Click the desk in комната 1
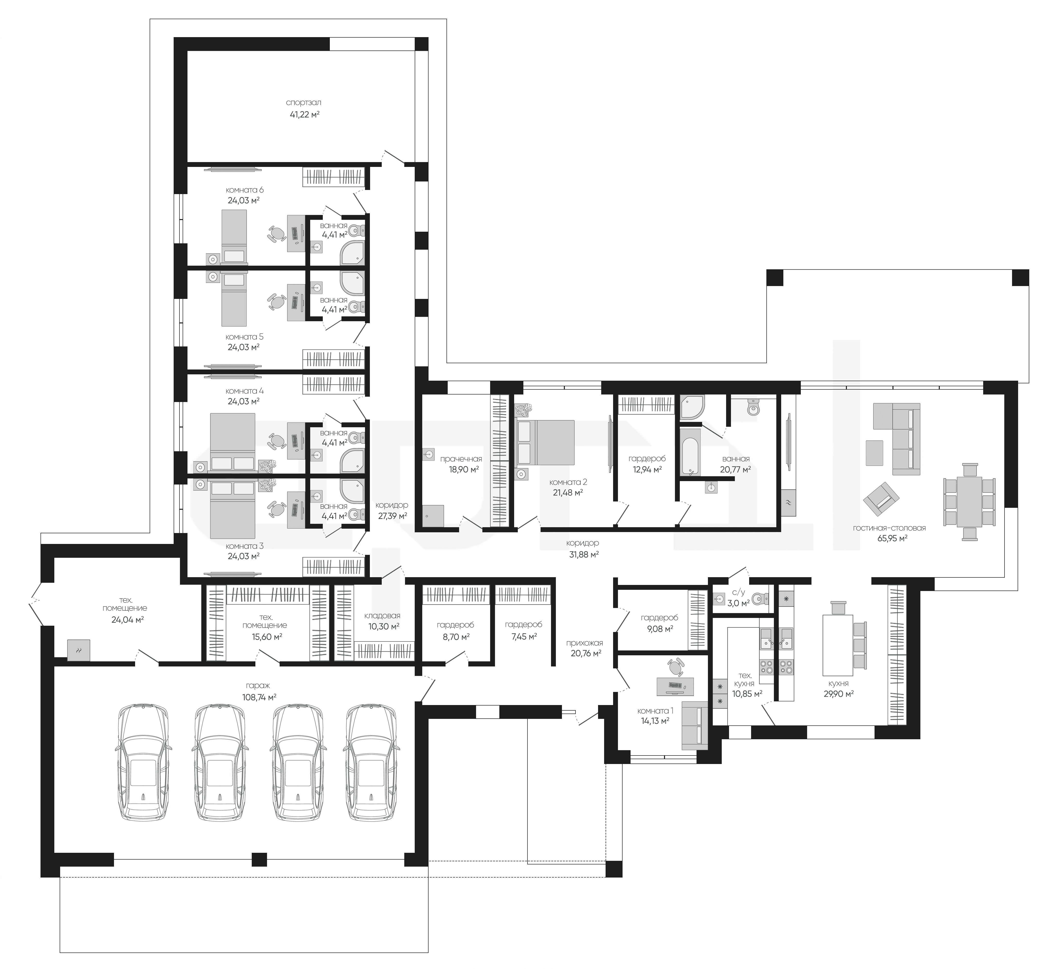click(x=675, y=686)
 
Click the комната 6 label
click(x=244, y=190)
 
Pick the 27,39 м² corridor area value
click(x=392, y=516)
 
